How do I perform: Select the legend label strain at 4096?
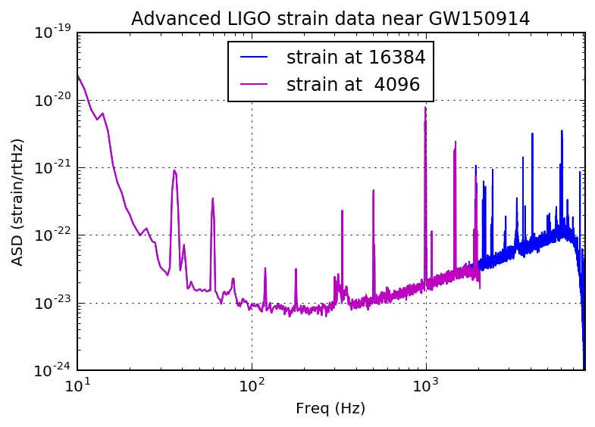(x=353, y=85)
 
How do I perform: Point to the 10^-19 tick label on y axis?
(x=54, y=32)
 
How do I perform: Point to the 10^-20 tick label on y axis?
(x=54, y=100)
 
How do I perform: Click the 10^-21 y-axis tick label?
(x=54, y=167)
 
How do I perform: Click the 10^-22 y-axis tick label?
(x=54, y=235)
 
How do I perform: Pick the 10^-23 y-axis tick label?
(x=54, y=303)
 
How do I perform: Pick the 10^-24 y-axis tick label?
(x=54, y=371)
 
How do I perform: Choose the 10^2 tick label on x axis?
(x=252, y=386)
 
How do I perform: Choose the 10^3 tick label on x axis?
(x=426, y=386)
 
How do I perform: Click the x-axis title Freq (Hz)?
(x=330, y=410)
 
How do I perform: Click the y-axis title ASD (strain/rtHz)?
(x=18, y=201)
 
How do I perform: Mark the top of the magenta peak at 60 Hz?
(x=213, y=198)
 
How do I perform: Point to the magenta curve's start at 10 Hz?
(x=78, y=74)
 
